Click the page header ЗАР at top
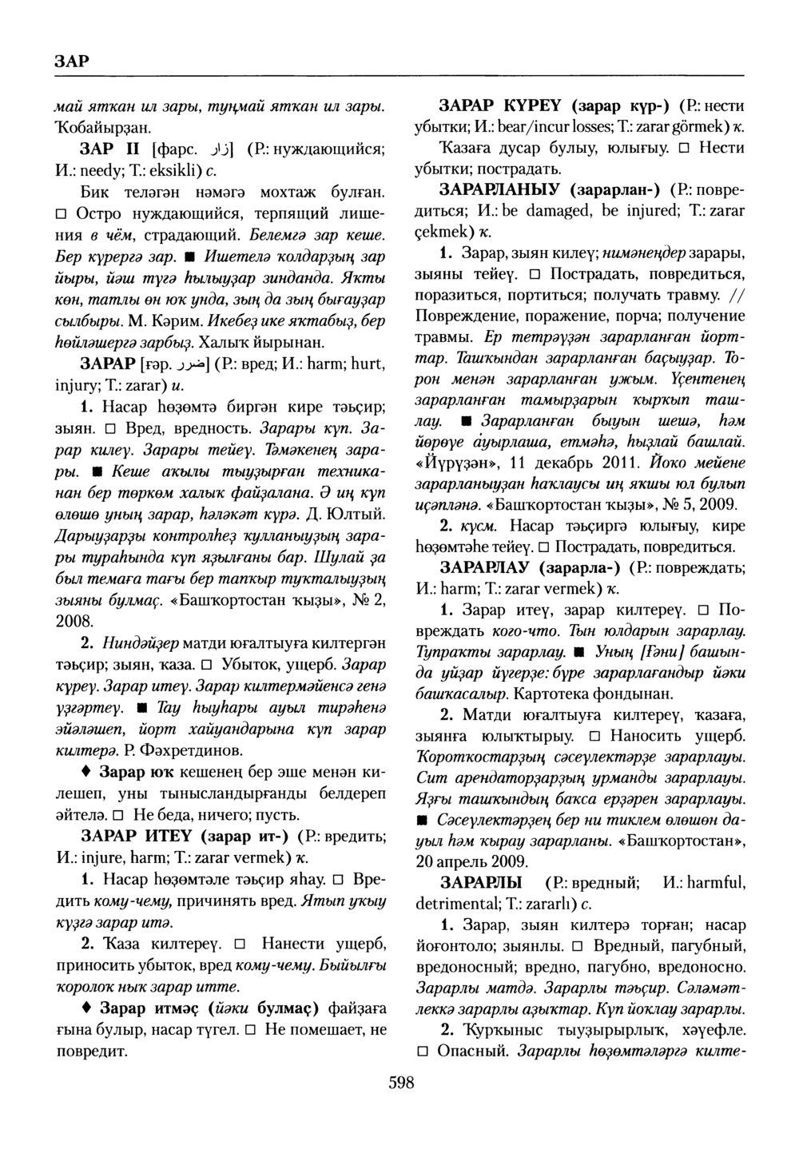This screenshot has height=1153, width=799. click(x=71, y=61)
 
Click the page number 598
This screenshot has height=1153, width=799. click(x=400, y=1083)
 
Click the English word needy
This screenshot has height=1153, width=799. click(x=97, y=169)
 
